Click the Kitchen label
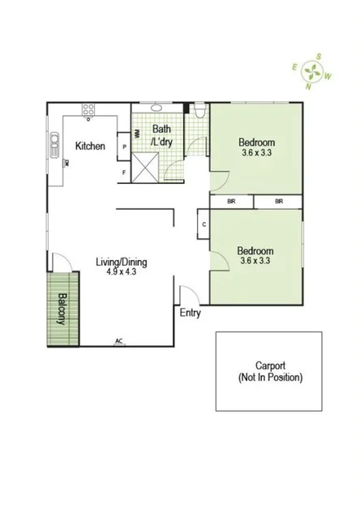tap(90, 146)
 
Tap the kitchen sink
tap(55, 143)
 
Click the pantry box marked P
tap(124, 147)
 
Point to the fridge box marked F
tap(124, 172)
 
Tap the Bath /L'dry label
tap(162, 134)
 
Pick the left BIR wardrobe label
tap(231, 201)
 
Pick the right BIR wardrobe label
tap(279, 201)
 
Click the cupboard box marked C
tap(203, 224)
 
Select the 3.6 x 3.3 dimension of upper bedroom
tap(255, 151)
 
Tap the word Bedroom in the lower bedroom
tap(255, 251)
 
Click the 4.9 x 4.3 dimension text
tap(122, 273)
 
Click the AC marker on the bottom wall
tap(118, 341)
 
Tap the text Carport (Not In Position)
tap(268, 372)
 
